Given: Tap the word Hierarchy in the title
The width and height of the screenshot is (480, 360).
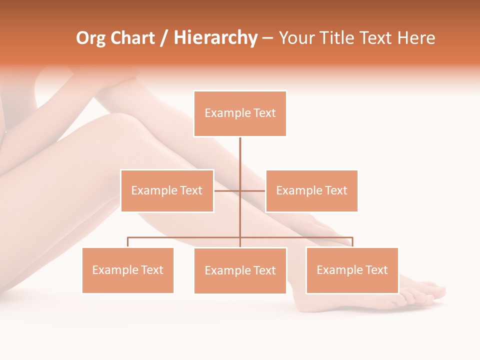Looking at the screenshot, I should click(215, 38).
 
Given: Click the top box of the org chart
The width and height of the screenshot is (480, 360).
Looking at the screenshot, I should click(240, 113).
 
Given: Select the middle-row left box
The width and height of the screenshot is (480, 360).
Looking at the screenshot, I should click(167, 190).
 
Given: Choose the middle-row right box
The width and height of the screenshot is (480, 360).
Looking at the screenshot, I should click(311, 190).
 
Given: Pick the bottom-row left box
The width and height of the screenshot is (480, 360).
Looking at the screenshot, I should click(127, 270).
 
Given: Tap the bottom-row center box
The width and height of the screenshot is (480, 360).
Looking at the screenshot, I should click(240, 270).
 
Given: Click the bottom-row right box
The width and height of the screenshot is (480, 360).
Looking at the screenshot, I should click(352, 270).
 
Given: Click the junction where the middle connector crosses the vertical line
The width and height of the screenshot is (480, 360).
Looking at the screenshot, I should click(240, 190).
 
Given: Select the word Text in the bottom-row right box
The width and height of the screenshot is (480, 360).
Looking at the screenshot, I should click(376, 270).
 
